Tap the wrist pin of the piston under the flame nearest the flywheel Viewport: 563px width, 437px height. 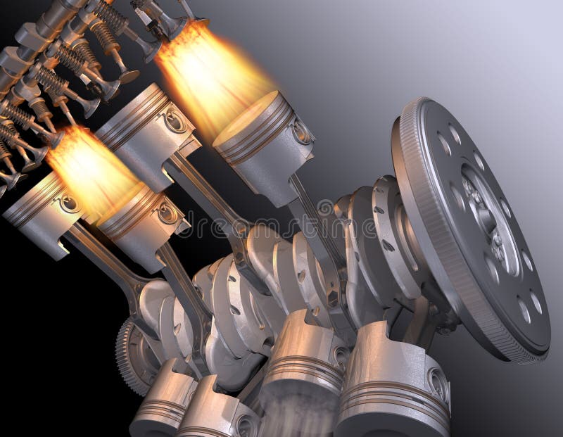point(301,132)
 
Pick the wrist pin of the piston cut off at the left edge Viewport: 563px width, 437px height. point(68,204)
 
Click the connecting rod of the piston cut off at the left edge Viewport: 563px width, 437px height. point(106,260)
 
